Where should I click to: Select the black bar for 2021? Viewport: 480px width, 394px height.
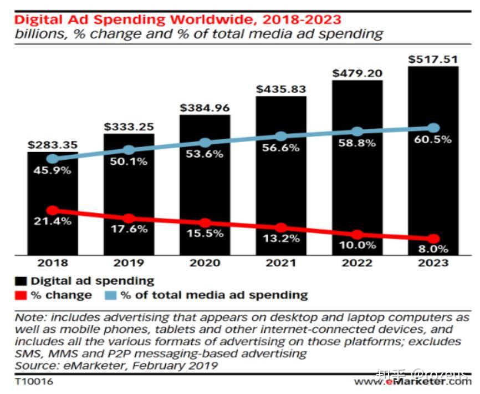(281, 178)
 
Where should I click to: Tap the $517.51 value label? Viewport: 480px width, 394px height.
(433, 59)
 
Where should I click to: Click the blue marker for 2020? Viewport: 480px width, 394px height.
(205, 143)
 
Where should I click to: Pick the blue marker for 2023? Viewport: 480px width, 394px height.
(434, 128)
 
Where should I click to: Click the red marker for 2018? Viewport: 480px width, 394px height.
(53, 210)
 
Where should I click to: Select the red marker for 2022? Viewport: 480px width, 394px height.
(358, 235)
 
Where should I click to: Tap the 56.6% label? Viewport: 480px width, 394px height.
(281, 148)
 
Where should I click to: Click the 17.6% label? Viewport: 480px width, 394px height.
(129, 229)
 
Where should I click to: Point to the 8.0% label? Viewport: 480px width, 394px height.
(433, 249)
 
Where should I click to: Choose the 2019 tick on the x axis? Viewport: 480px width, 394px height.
(129, 263)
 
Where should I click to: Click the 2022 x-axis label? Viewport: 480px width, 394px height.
(358, 263)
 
